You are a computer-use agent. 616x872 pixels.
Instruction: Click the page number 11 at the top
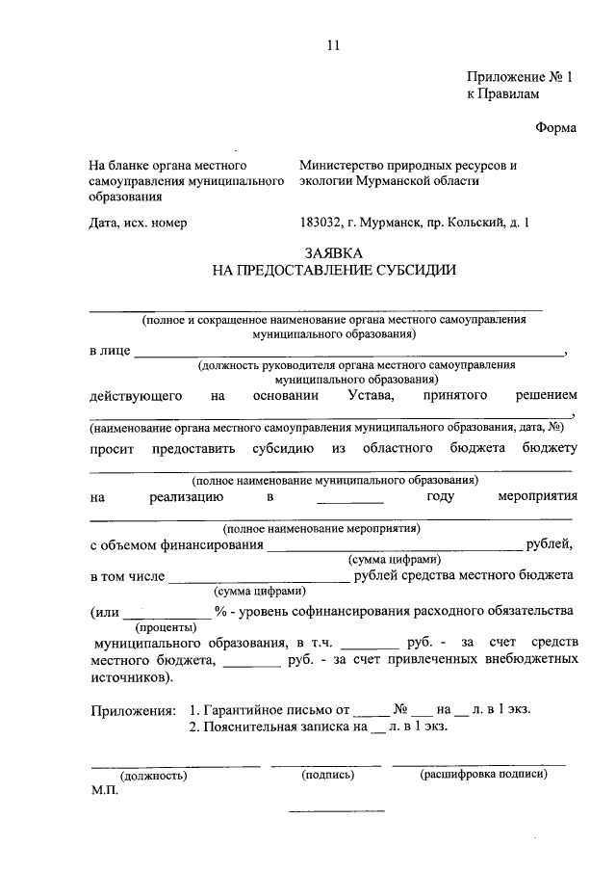pyautogui.click(x=334, y=44)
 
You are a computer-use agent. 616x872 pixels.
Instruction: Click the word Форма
pyautogui.click(x=554, y=130)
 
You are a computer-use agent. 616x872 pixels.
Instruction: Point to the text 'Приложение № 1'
pyautogui.click(x=519, y=76)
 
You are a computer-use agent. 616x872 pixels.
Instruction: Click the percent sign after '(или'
pyautogui.click(x=220, y=611)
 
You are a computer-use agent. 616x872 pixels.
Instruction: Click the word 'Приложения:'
pyautogui.click(x=133, y=710)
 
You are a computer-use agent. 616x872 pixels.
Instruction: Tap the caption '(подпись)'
pyautogui.click(x=325, y=774)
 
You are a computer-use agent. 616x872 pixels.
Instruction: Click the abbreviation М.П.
pyautogui.click(x=104, y=790)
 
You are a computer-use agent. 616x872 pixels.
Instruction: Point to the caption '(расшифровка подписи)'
pyautogui.click(x=482, y=774)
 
